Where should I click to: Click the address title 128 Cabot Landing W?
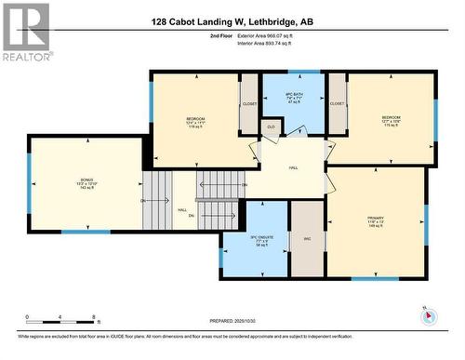coord(232,18)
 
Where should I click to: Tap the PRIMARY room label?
coord(375,219)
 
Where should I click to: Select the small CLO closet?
coord(271,127)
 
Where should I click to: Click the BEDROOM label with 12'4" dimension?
coord(195,122)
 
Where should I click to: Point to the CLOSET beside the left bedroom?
coord(249,104)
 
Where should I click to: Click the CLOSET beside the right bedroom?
coord(337,104)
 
